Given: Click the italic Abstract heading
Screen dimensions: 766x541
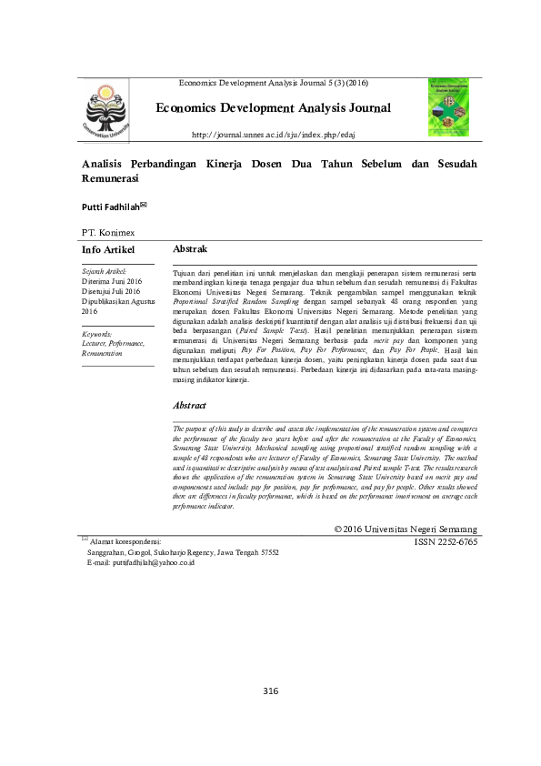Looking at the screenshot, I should click(x=189, y=405).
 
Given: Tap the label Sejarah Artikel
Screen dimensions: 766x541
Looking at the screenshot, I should click(x=104, y=271).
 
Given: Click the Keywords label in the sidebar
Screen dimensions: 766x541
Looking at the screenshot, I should click(x=96, y=334).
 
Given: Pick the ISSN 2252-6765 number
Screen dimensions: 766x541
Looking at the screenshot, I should click(x=446, y=542).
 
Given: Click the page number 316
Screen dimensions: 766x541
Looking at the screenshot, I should click(x=270, y=691).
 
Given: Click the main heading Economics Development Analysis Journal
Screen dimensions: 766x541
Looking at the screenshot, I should click(x=273, y=108).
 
